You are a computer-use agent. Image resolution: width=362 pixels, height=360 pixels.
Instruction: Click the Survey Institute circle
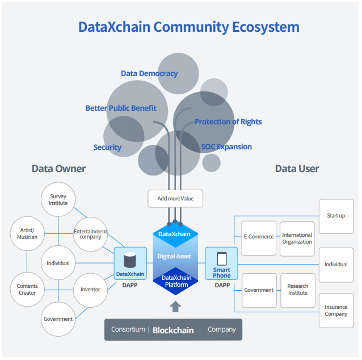point(58,199)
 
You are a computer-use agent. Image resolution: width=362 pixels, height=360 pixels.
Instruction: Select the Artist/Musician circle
point(27,233)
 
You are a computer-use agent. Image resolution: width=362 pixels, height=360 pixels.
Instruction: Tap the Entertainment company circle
point(91,234)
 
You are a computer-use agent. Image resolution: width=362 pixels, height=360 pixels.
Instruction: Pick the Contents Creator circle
point(27,289)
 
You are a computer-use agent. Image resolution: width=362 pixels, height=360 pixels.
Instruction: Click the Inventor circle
point(90,289)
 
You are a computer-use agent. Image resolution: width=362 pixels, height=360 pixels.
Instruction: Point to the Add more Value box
point(175,199)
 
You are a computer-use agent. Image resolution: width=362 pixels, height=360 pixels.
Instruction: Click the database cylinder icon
point(130,260)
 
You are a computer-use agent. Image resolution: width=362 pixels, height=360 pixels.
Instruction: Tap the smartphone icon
point(221,258)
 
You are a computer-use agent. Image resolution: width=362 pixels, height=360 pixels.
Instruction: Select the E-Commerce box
point(259,237)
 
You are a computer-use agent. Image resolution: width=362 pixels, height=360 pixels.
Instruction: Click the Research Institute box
point(297,290)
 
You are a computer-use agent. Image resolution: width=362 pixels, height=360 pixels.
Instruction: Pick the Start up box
point(336,216)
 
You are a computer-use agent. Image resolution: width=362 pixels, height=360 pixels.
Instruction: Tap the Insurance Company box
point(336,311)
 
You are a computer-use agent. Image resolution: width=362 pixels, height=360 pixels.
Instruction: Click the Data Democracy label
point(149,73)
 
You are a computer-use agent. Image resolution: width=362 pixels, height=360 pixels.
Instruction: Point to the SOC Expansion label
point(226,146)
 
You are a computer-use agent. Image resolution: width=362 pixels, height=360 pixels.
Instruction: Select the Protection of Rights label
point(228,122)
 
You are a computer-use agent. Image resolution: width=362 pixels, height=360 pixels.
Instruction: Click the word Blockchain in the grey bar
point(173,330)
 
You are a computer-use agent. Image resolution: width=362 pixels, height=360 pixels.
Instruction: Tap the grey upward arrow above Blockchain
point(175,307)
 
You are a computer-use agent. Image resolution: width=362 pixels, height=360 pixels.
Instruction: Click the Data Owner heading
point(58,169)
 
